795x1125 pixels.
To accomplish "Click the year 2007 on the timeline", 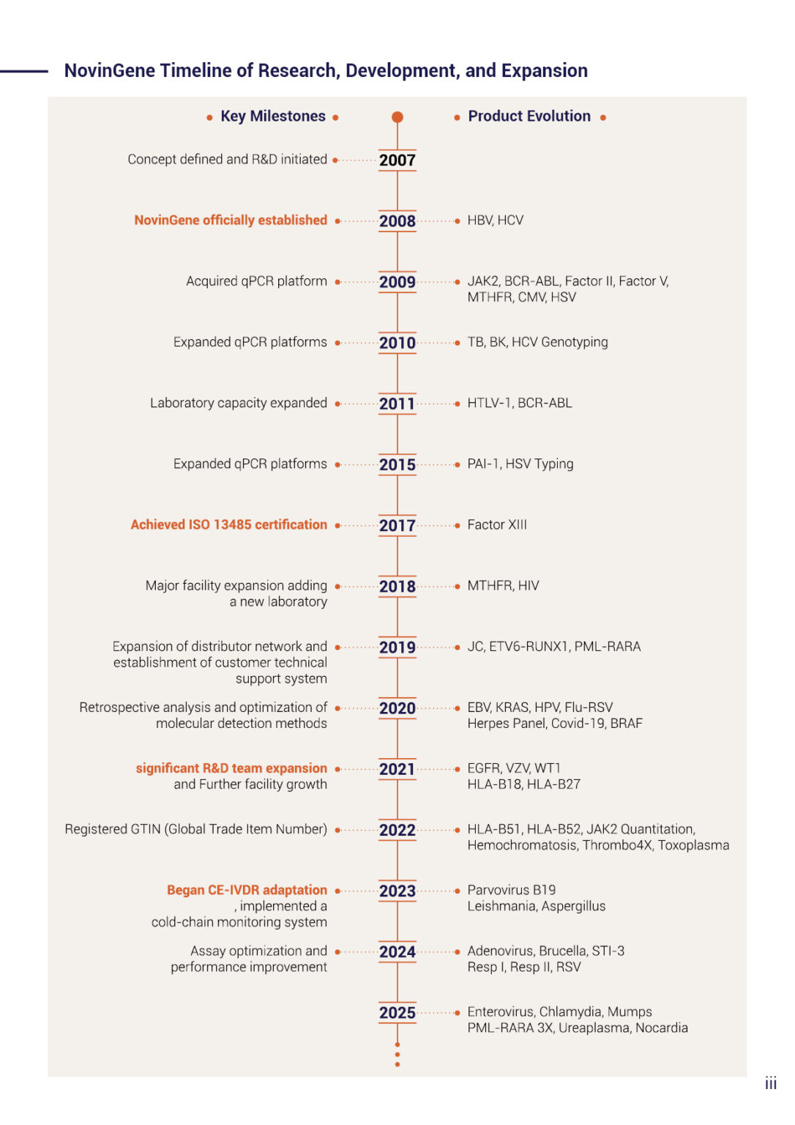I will point(397,160).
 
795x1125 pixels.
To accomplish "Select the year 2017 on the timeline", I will point(397,525).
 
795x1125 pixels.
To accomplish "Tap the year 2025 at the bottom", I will point(397,1012).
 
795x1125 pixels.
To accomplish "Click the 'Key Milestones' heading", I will point(273,116).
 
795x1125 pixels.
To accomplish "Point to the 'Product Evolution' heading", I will point(529,116).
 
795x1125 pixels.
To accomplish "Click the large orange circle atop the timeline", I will point(397,117).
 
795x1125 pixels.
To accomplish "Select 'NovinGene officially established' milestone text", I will point(231,220).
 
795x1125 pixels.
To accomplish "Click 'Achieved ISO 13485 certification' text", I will point(229,524).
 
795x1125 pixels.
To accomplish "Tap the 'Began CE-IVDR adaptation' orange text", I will point(247,890).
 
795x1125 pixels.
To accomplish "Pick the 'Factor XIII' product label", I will point(497,524).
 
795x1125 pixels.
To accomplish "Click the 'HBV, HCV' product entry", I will point(496,220).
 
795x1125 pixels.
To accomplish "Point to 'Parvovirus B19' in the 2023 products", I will point(512,890).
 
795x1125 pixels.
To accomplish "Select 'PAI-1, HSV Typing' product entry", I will point(520,464).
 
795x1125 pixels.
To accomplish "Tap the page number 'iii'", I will point(771,1083).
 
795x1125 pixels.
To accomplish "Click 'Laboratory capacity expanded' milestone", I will point(239,403).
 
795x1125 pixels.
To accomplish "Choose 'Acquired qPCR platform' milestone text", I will point(256,281).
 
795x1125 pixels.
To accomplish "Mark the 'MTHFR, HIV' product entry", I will point(503,586).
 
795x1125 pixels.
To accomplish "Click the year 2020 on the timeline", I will point(397,708).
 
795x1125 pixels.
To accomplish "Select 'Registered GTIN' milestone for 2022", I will point(195,829).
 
